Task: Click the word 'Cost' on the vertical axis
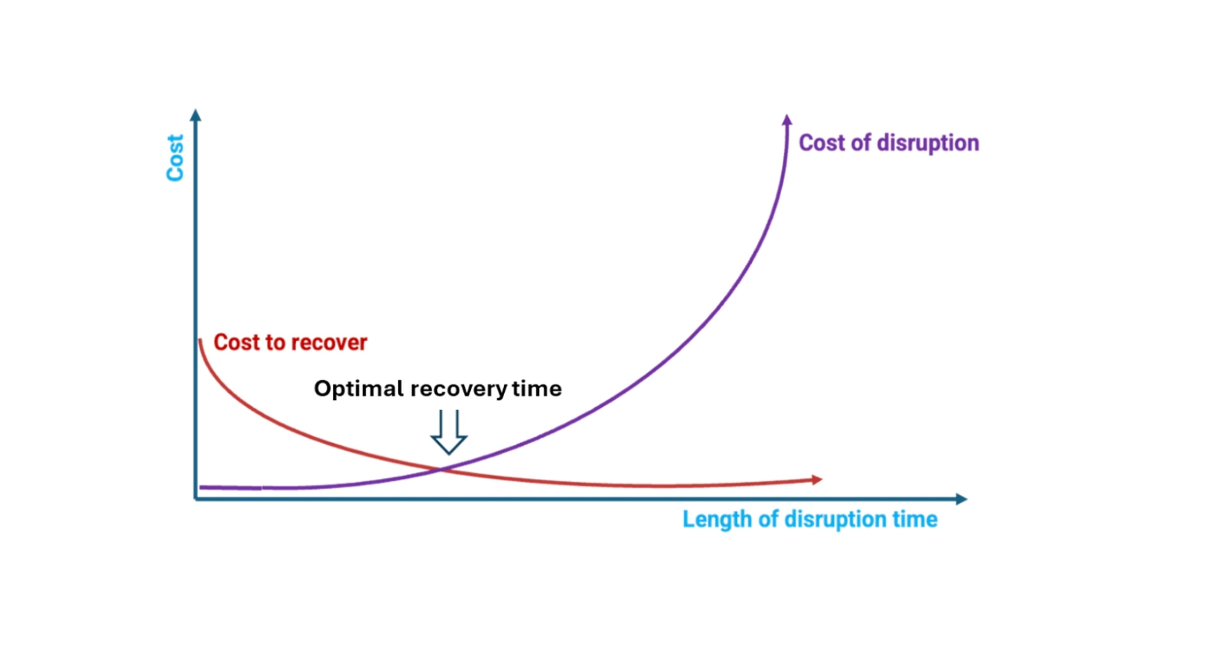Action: click(x=175, y=158)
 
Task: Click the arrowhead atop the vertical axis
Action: click(x=195, y=115)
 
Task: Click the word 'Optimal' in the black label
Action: click(x=359, y=389)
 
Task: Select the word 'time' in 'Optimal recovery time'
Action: click(x=537, y=389)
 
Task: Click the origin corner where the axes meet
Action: click(x=196, y=499)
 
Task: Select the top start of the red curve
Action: click(x=200, y=340)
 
